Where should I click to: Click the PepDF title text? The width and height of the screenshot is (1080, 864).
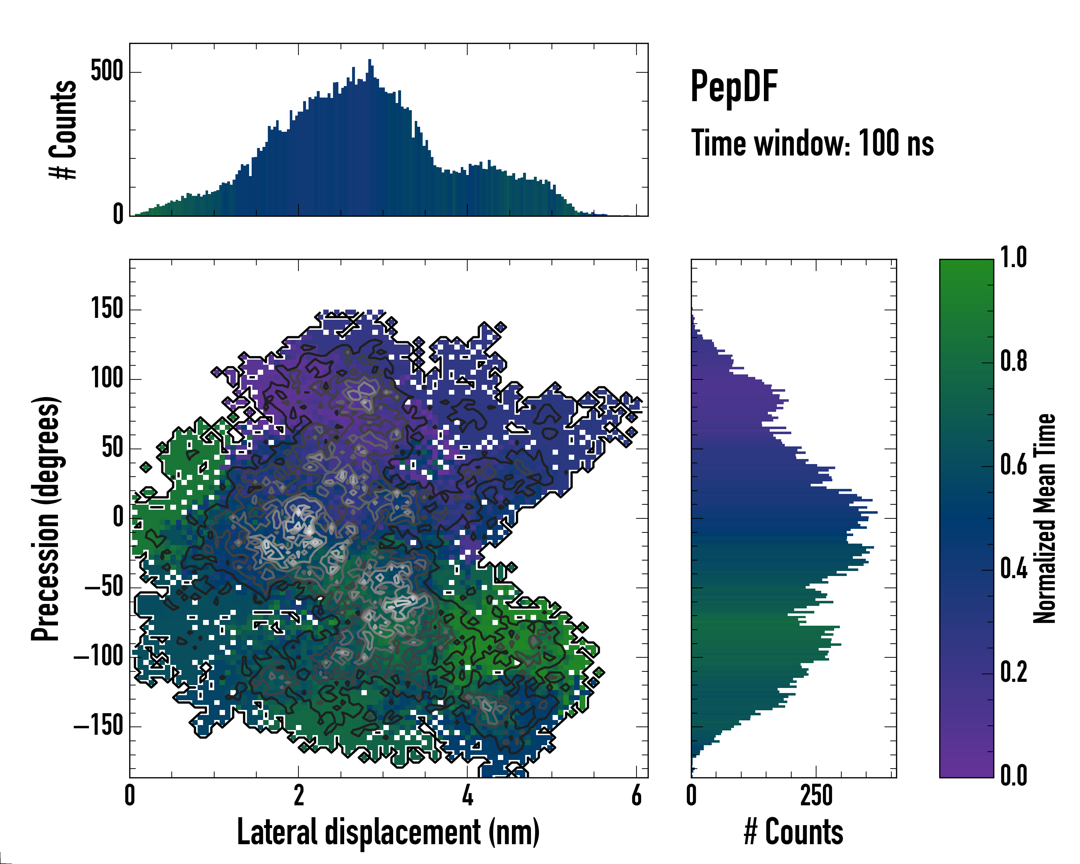click(734, 87)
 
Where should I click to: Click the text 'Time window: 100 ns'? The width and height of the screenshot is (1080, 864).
click(812, 143)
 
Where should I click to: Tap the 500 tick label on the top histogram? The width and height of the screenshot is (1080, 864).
click(107, 71)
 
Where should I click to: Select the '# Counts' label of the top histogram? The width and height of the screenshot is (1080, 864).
click(63, 129)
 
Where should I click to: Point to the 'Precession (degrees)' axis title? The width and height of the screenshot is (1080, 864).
click(46, 518)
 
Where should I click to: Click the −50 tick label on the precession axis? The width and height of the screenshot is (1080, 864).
click(104, 586)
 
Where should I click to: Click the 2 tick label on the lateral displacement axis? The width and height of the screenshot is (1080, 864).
click(298, 795)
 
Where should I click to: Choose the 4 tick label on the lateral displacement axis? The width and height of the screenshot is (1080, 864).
click(467, 795)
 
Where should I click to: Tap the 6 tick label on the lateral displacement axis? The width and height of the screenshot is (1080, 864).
click(636, 795)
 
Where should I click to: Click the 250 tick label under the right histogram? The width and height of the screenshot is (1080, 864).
click(816, 795)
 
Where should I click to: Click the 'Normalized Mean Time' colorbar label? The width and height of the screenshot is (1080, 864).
click(1044, 518)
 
